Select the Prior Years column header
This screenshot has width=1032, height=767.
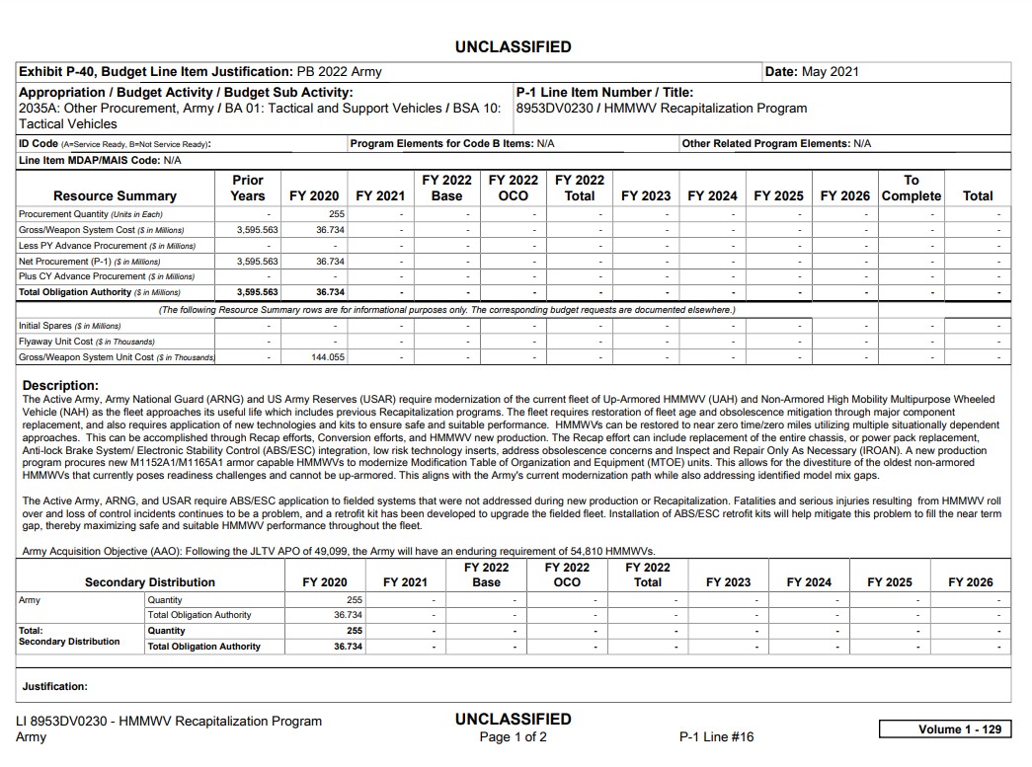[248, 188]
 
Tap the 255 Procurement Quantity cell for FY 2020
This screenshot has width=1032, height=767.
[336, 213]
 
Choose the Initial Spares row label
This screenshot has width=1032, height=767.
[69, 326]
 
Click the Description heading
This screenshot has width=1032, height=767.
[60, 385]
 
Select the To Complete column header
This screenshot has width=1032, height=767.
[911, 188]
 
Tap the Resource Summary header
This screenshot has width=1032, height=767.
[115, 195]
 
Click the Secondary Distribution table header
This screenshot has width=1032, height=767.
[150, 582]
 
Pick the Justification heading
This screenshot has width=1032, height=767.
[55, 686]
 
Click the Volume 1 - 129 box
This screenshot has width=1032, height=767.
[944, 729]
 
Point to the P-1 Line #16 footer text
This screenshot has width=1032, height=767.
[716, 737]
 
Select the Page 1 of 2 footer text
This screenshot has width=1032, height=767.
[513, 737]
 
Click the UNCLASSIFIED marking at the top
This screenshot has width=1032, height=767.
[513, 46]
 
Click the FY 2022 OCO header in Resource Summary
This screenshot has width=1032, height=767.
[514, 188]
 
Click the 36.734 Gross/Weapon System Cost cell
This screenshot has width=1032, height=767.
[330, 229]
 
